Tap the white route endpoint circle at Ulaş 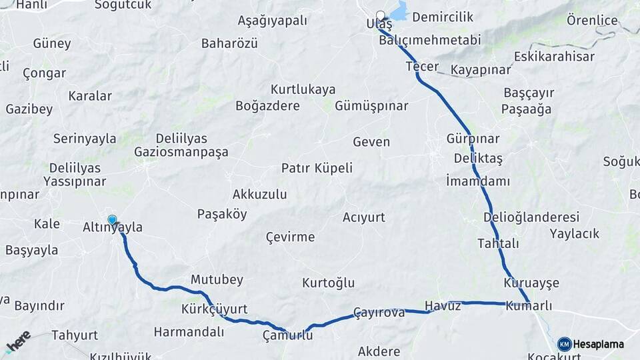pyautogui.click(x=381, y=15)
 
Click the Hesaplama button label pyautogui.click(x=599, y=344)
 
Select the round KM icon pyautogui.click(x=564, y=344)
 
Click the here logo pyautogui.click(x=18, y=341)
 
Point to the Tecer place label pyautogui.click(x=422, y=67)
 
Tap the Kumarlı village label pyautogui.click(x=529, y=306)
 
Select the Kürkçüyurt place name pyautogui.click(x=214, y=309)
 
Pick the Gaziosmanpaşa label pyautogui.click(x=181, y=152)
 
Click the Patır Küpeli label pyautogui.click(x=317, y=168)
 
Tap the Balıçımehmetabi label pyautogui.click(x=429, y=40)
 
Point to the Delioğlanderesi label pyautogui.click(x=531, y=217)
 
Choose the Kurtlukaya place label pyautogui.click(x=303, y=89)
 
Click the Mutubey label pyautogui.click(x=217, y=279)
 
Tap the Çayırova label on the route pyautogui.click(x=379, y=312)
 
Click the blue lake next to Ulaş pyautogui.click(x=398, y=12)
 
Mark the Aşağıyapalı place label pyautogui.click(x=273, y=21)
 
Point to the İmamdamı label pyautogui.click(x=478, y=181)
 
